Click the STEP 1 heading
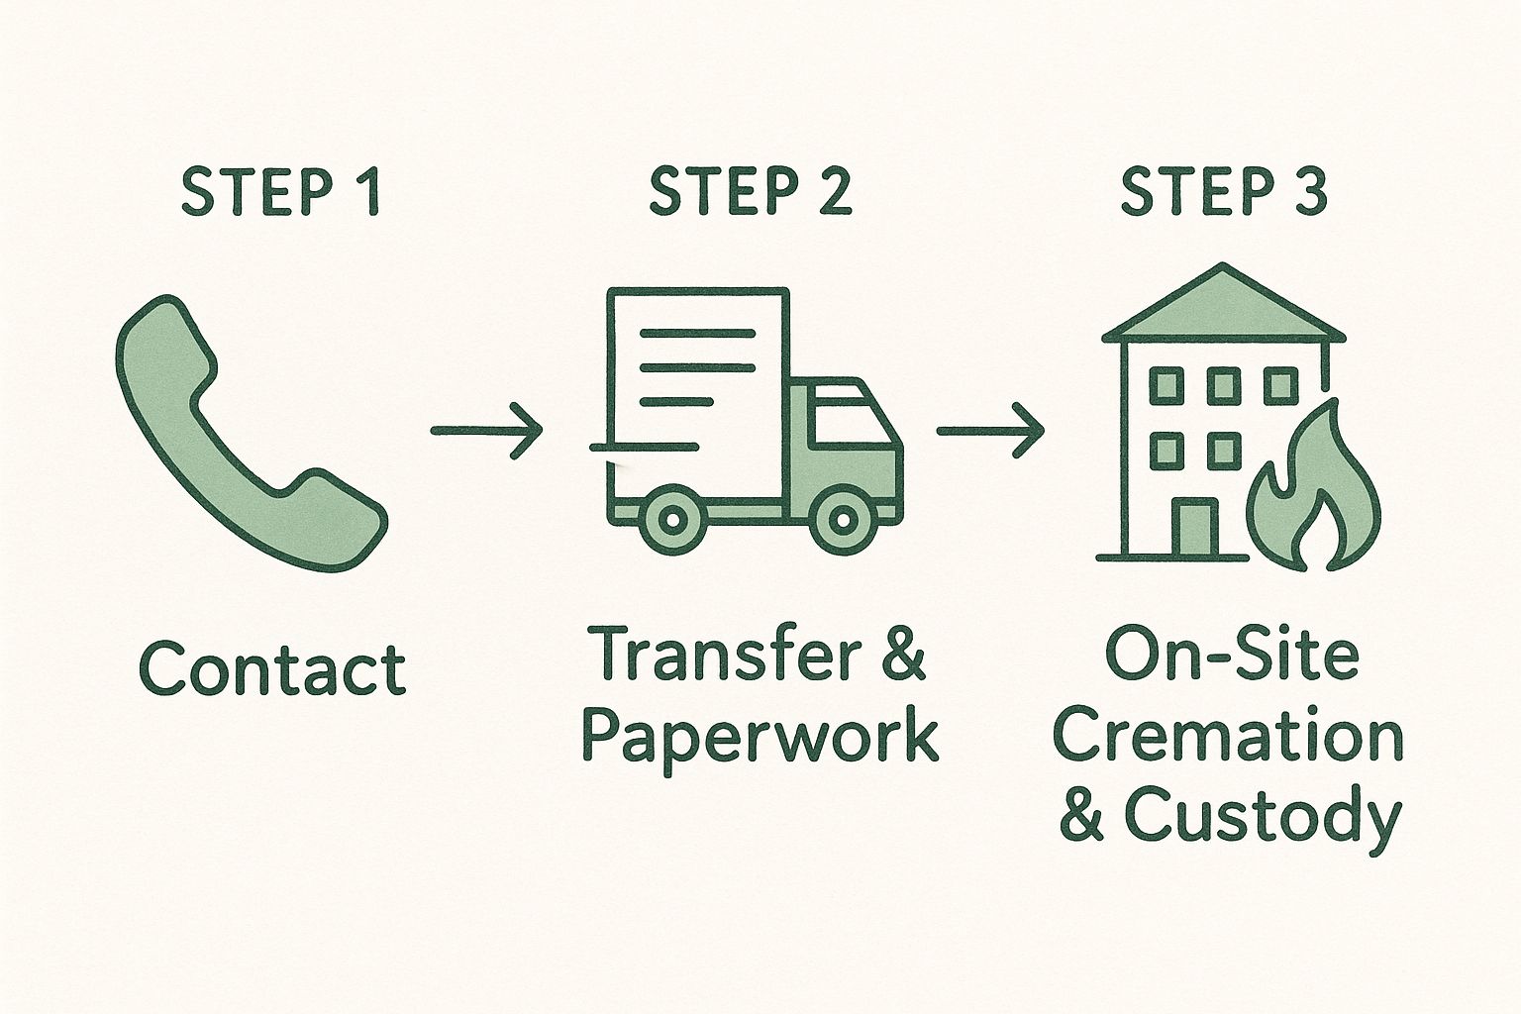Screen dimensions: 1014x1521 280,193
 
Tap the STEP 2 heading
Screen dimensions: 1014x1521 750,193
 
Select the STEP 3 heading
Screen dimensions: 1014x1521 1224,193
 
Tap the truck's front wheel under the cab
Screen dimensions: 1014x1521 843,517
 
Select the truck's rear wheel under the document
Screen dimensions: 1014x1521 671,517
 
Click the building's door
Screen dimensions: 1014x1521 1193,530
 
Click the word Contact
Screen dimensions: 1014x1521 272,668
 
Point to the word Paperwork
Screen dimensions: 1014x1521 759,735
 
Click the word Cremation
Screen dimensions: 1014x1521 1228,738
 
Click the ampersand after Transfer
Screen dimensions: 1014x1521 900,656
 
